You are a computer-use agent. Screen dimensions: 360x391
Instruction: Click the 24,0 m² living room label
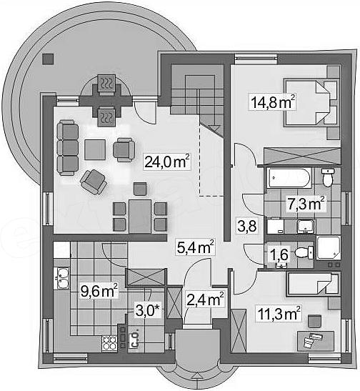point(167,162)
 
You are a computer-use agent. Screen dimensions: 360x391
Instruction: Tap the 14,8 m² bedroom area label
point(273,102)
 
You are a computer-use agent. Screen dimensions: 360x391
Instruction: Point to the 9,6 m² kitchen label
point(99,291)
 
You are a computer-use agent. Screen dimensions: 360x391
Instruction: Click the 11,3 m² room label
point(279,314)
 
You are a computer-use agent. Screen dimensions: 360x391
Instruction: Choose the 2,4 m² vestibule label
point(205,300)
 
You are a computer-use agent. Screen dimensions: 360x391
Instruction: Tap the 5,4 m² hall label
point(195,247)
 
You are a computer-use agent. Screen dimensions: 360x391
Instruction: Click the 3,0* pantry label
point(147,311)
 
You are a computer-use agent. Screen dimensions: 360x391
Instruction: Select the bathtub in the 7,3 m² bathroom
point(289,178)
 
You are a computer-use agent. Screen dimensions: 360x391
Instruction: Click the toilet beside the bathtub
point(327,177)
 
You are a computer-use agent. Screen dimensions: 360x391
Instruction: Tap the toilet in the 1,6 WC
point(304,252)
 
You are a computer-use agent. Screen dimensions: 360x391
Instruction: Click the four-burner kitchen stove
point(109,343)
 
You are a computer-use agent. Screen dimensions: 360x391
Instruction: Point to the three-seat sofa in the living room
point(68,147)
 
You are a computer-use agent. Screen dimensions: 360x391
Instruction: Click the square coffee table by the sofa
point(95,149)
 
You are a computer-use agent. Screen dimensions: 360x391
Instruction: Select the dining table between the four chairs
point(140,216)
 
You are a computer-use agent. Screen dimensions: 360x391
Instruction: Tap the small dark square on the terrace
point(48,59)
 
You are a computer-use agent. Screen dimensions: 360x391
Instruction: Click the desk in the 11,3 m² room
point(316,341)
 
